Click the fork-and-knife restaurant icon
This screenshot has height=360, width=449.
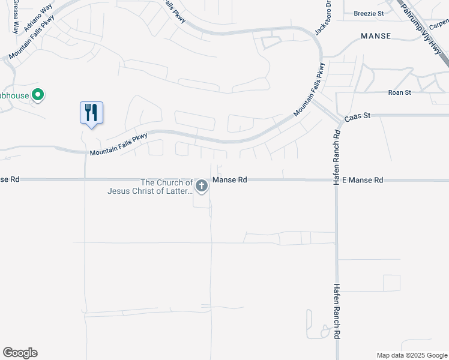click(x=91, y=112)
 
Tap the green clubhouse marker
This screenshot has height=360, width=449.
click(x=37, y=95)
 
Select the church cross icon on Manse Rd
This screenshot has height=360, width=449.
click(x=202, y=187)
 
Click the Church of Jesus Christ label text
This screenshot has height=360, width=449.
click(x=150, y=187)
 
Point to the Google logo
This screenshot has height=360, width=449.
click(x=20, y=353)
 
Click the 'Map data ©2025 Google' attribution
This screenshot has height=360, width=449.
click(x=412, y=355)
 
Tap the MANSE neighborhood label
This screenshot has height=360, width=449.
click(x=376, y=36)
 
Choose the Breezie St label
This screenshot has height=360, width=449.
click(x=369, y=13)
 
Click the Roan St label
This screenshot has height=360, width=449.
click(x=399, y=92)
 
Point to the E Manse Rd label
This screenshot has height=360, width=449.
click(x=363, y=179)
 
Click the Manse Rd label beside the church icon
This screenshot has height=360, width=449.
click(x=230, y=179)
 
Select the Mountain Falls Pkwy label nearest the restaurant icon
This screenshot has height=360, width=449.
click(x=118, y=145)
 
